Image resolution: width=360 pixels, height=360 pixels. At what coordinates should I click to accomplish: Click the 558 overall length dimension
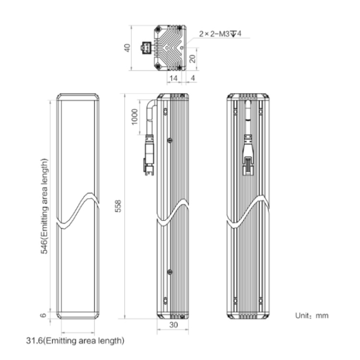pyautogui.click(x=118, y=206)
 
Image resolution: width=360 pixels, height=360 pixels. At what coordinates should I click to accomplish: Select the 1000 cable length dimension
pyautogui.click(x=134, y=117)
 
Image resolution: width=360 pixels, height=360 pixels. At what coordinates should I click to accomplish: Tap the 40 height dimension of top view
pyautogui.click(x=127, y=48)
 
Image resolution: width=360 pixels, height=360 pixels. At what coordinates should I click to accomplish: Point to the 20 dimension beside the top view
pyautogui.click(x=192, y=59)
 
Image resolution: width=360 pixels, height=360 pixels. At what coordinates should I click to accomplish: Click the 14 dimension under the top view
pyautogui.click(x=173, y=78)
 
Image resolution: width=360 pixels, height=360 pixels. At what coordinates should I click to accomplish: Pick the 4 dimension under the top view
pyautogui.click(x=193, y=78)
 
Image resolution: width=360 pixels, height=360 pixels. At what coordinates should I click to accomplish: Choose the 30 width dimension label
pyautogui.click(x=174, y=324)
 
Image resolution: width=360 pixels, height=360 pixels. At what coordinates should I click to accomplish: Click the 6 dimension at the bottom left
pyautogui.click(x=43, y=315)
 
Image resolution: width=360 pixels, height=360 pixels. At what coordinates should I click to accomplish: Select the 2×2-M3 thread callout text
pyautogui.click(x=220, y=34)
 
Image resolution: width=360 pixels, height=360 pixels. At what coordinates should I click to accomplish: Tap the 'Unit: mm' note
pyautogui.click(x=312, y=315)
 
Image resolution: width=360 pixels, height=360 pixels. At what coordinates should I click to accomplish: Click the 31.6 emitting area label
pyautogui.click(x=75, y=340)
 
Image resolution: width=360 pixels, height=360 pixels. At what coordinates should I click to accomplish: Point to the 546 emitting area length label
pyautogui.click(x=44, y=206)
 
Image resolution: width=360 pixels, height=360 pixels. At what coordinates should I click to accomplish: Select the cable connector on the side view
pyautogui.click(x=149, y=156)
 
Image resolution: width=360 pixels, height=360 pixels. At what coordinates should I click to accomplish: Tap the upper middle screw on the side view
pyautogui.click(x=169, y=140)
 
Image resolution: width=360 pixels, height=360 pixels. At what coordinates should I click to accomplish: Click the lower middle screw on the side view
pyautogui.click(x=169, y=272)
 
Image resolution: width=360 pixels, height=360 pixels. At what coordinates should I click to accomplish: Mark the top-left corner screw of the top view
pyautogui.click(x=158, y=29)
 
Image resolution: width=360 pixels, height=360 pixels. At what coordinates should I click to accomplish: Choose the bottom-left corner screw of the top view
pyautogui.click(x=158, y=66)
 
